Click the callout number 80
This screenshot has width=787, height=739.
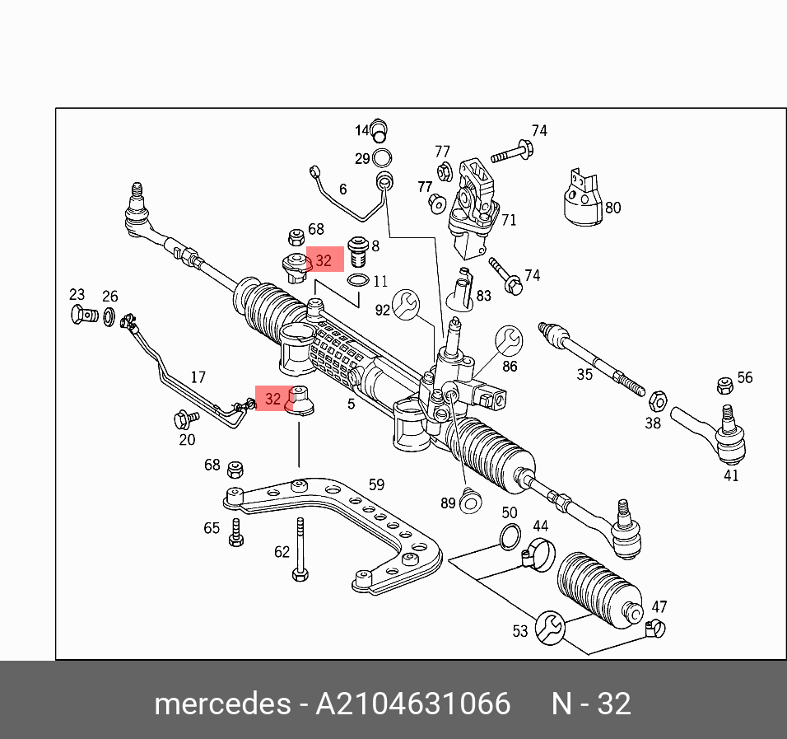coord(612,208)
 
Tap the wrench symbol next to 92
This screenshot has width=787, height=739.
coord(405,304)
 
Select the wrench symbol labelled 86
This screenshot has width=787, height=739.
coord(508,339)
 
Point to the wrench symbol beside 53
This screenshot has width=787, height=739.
coord(549,628)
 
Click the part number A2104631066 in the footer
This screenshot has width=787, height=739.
coord(414,704)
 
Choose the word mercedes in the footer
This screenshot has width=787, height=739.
coord(221,704)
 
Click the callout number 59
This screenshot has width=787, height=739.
coord(376,484)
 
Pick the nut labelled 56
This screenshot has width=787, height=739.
coord(724,385)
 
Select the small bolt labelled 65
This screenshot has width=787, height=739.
coord(235,532)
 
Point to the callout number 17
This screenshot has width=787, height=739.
coord(198,377)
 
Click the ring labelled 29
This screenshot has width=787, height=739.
coord(383,158)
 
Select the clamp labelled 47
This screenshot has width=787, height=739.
coord(655,629)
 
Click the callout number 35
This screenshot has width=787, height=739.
coord(584,375)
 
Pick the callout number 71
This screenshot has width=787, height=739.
coord(509,220)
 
